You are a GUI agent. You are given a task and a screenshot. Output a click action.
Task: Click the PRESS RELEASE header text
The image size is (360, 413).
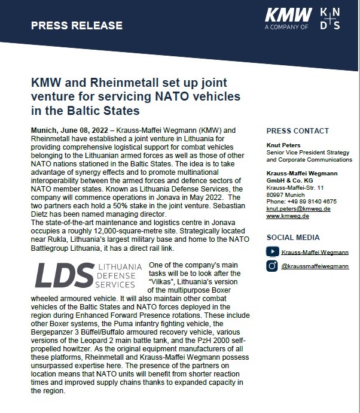tap(76, 26)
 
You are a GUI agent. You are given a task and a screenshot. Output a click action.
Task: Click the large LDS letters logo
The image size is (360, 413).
tap(64, 275)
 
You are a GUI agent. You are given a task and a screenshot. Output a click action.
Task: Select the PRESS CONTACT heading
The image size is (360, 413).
tap(297, 131)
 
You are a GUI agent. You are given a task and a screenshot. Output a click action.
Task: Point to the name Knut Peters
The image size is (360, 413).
tap(283, 145)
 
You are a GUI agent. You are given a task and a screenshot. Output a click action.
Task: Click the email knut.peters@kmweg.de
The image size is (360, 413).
tap(298, 209)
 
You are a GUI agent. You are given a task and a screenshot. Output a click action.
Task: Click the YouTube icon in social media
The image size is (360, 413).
tap(272, 252)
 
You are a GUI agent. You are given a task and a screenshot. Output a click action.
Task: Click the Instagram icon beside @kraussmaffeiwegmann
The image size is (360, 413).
tap(272, 266)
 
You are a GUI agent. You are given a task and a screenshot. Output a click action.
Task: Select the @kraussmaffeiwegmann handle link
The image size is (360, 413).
tap(315, 266)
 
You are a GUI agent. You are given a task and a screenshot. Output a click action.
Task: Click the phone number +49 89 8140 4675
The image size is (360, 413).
tap(301, 202)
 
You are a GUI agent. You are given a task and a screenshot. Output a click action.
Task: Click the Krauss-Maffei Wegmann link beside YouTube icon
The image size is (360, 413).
tap(315, 252)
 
